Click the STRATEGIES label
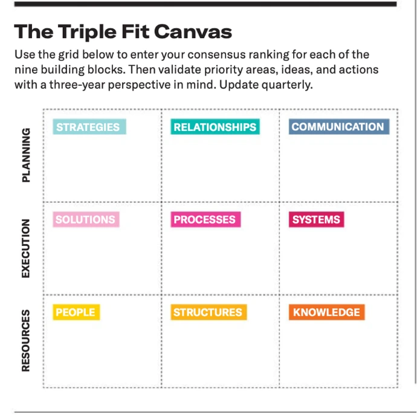89,127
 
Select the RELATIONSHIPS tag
215,127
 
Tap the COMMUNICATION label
339,126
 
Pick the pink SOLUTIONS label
86,219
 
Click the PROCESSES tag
205,219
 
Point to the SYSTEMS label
317,219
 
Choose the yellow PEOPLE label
76,312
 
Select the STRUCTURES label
208,312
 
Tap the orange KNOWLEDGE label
327,312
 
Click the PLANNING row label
26,155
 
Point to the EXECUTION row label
26,248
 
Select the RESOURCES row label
26,341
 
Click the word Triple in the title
88,32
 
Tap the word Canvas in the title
193,31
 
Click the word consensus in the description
216,55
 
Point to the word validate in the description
179,69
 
